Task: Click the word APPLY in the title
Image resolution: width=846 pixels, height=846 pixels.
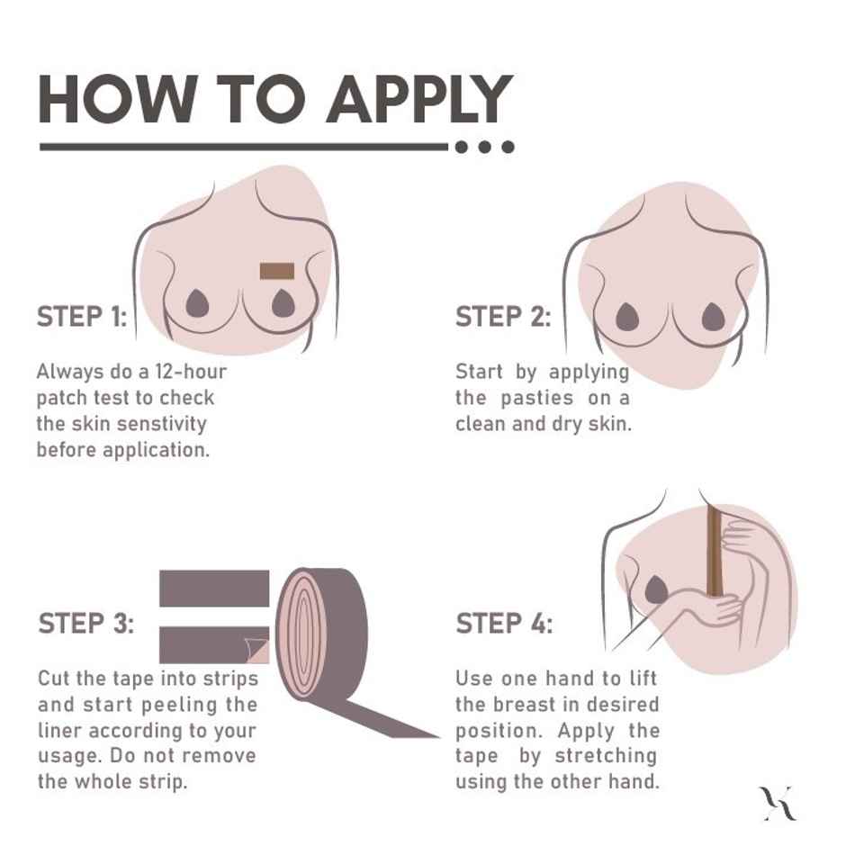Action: [x=418, y=99]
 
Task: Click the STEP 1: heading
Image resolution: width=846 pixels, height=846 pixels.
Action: [x=82, y=317]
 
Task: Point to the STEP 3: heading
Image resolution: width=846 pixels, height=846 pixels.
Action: [x=85, y=624]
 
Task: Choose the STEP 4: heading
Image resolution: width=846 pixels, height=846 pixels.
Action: [x=504, y=624]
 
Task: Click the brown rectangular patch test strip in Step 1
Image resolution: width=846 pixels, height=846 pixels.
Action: [x=278, y=271]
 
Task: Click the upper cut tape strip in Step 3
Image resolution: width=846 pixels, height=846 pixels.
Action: [x=214, y=588]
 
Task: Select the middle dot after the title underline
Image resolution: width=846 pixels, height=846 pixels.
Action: [x=485, y=147]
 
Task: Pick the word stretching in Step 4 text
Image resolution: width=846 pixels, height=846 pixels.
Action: [x=606, y=755]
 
